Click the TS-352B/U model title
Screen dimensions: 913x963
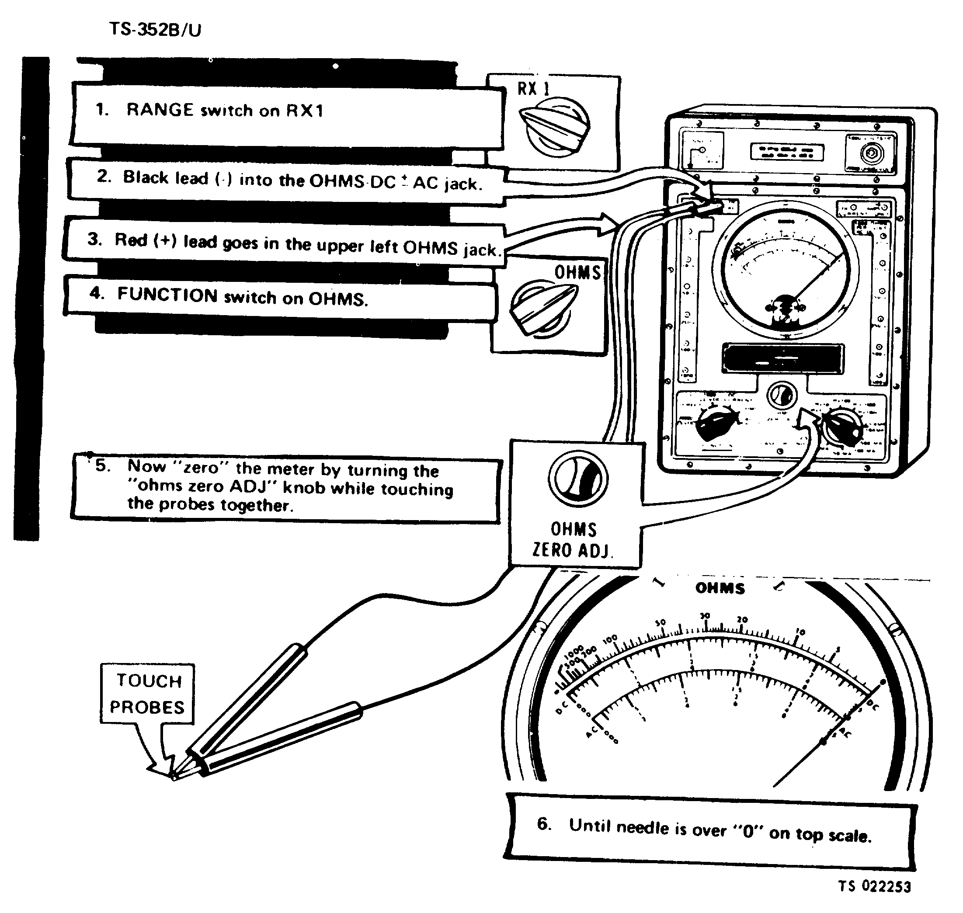click(x=155, y=30)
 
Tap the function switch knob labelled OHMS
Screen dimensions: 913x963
click(x=543, y=308)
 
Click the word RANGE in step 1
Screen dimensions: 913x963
click(x=160, y=110)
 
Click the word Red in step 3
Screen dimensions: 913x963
click(x=130, y=240)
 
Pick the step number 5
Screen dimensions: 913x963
click(x=102, y=466)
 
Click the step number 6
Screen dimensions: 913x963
click(x=544, y=823)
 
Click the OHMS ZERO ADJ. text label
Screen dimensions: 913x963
click(x=573, y=540)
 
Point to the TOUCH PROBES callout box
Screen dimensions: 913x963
click(x=147, y=694)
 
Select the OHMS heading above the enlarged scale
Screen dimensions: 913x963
click(x=720, y=588)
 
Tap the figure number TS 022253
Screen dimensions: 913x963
click(x=874, y=886)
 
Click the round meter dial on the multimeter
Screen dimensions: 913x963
click(x=785, y=270)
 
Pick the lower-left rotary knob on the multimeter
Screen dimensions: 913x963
click(x=716, y=424)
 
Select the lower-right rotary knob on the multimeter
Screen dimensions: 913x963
click(x=843, y=427)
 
